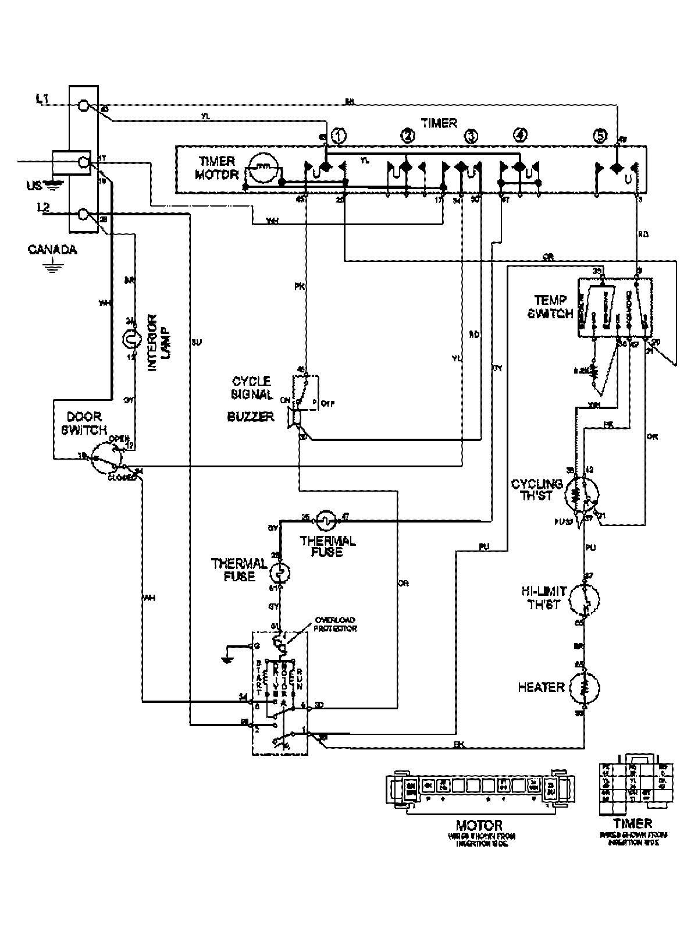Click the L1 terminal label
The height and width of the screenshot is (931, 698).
tap(42, 101)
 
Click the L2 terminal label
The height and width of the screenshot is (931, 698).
tap(42, 206)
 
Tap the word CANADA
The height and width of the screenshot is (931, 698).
tap(52, 250)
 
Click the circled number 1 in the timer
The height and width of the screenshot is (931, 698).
tap(339, 136)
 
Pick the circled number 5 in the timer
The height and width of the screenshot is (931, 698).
tap(600, 136)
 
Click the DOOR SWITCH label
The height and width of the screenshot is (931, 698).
tap(84, 424)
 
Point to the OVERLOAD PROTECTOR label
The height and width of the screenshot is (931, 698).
tap(335, 624)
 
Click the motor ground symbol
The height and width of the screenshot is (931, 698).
tap(226, 656)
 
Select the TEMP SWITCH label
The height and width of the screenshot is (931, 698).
tap(550, 307)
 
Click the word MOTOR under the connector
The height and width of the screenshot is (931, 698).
tap(479, 825)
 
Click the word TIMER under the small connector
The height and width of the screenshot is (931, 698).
tap(633, 823)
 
